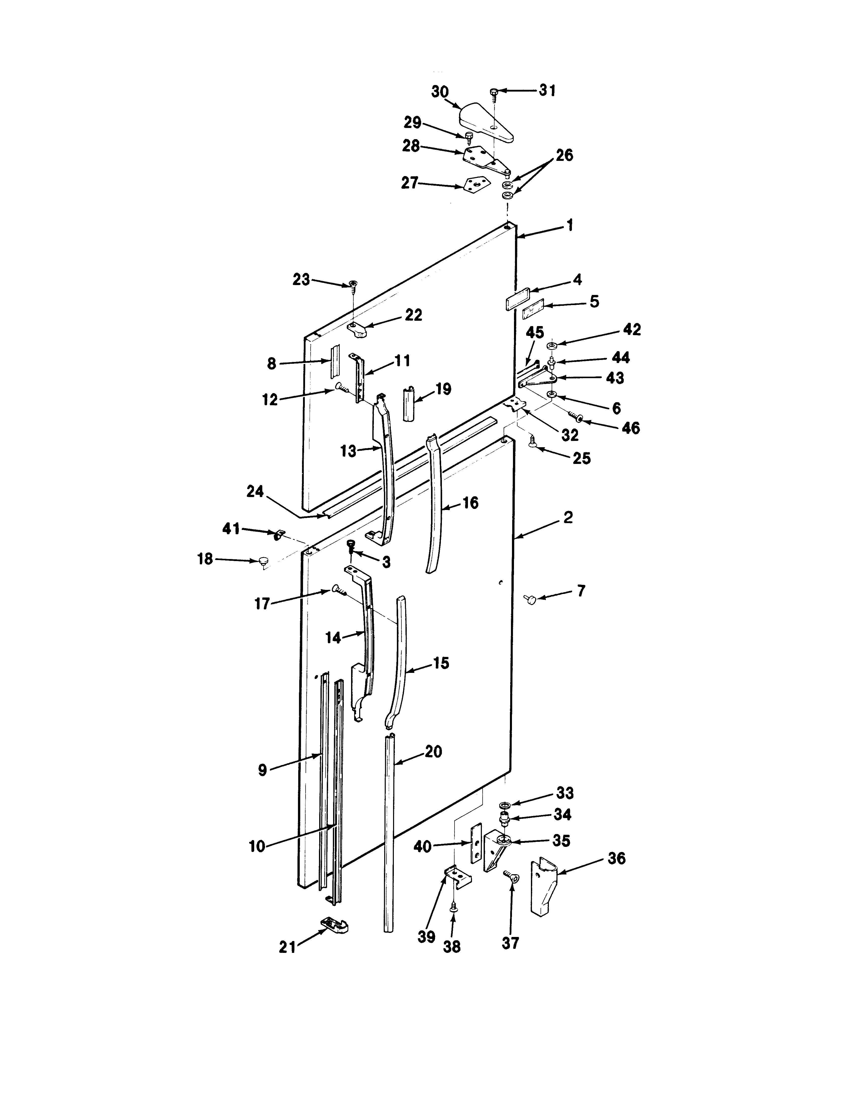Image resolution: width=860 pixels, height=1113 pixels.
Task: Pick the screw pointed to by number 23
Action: tap(352, 284)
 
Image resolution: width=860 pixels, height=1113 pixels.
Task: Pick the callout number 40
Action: tap(422, 846)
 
